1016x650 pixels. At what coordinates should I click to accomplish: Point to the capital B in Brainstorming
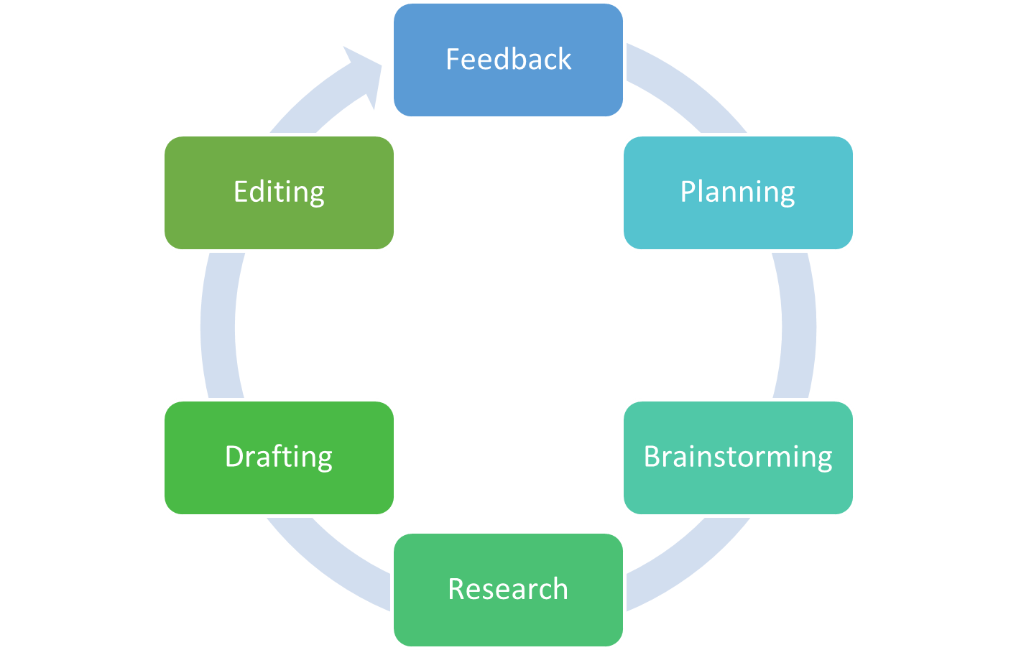(x=652, y=457)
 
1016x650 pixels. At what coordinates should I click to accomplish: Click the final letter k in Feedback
(x=564, y=59)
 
